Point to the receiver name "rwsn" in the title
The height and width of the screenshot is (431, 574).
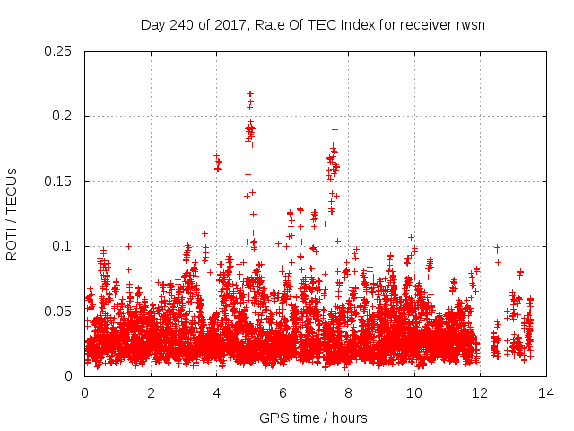469,24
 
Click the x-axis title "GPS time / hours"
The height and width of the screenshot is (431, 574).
313,418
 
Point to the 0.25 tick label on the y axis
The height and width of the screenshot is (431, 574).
59,51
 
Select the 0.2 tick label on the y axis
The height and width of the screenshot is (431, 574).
63,116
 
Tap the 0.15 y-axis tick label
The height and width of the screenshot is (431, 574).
59,181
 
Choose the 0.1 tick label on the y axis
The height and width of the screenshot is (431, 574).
63,246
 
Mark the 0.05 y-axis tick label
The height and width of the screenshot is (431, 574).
59,311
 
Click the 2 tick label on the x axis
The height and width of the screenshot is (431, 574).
151,392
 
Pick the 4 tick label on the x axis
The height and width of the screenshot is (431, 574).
216,392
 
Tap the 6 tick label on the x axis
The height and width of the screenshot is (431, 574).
283,392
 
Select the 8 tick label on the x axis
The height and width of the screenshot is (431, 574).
348,392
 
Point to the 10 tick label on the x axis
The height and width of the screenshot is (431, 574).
413,392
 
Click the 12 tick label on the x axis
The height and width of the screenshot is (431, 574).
480,392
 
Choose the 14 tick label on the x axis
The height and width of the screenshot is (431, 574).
545,392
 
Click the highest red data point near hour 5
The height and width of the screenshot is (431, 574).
250,93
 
